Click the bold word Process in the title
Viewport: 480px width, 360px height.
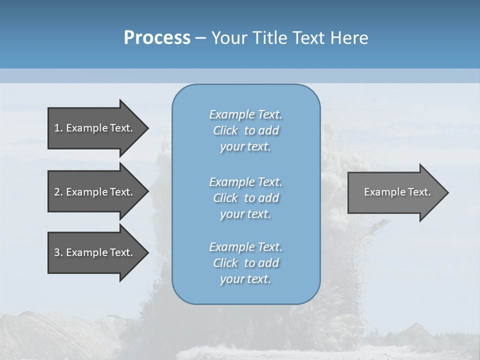[157, 38]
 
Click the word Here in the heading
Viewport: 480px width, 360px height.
[349, 38]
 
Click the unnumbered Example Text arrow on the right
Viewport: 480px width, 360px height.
[397, 192]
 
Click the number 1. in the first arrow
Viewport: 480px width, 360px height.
[58, 128]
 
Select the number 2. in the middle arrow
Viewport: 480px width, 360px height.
[58, 192]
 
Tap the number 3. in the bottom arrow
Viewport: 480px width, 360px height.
[58, 252]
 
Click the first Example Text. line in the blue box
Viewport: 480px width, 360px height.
[245, 114]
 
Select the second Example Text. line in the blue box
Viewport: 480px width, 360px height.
[245, 182]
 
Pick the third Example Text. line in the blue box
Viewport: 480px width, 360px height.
[245, 247]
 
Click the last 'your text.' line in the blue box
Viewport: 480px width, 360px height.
[245, 279]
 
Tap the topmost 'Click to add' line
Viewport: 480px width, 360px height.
[245, 130]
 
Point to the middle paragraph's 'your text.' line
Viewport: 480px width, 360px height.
[245, 214]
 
